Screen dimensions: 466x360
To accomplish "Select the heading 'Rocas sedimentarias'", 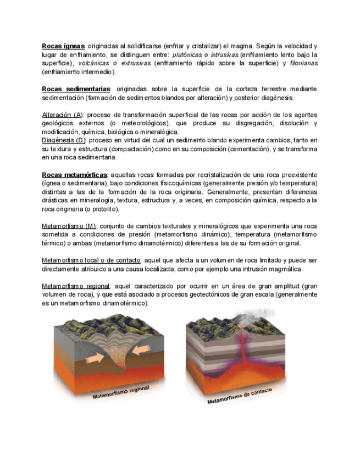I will (76, 89).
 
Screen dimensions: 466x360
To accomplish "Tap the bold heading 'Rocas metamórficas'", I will (74, 175).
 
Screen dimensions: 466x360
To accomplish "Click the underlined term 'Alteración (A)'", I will (62, 115).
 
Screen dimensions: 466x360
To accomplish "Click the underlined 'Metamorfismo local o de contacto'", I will (91, 260).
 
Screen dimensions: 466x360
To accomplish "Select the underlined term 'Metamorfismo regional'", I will (76, 286).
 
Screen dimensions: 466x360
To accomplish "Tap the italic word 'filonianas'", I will (303, 63).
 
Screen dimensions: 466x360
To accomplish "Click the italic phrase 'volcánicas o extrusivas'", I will (114, 63).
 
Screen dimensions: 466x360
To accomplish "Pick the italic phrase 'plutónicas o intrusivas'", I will (205, 55).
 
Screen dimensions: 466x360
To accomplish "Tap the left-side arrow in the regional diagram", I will (95, 358).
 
